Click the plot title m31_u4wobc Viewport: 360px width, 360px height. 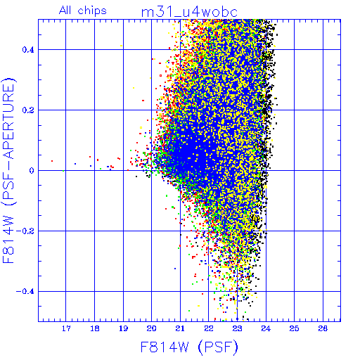(189, 13)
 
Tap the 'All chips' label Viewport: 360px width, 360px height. (83, 11)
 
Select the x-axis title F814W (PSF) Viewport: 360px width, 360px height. (189, 347)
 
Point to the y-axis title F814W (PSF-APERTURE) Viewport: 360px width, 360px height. (9, 170)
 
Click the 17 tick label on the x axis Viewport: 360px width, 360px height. (66, 328)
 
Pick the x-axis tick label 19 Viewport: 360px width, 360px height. (123, 328)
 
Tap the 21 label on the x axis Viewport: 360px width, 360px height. (180, 328)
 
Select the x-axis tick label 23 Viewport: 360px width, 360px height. (237, 328)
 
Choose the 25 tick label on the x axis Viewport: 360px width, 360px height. (294, 328)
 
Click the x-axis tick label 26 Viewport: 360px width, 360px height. (323, 328)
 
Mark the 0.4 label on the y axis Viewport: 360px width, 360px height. (28, 50)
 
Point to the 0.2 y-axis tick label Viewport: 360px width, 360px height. (28, 110)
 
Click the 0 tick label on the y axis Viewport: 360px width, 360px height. (32, 170)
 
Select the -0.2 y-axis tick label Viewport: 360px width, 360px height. (25, 231)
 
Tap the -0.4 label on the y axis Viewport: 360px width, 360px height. (25, 292)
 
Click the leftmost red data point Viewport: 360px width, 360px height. (52, 161)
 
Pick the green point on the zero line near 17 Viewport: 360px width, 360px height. (63, 171)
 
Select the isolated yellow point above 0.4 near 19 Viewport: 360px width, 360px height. (121, 46)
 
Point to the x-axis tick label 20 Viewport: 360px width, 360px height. (152, 328)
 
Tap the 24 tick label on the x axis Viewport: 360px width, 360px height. (266, 328)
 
